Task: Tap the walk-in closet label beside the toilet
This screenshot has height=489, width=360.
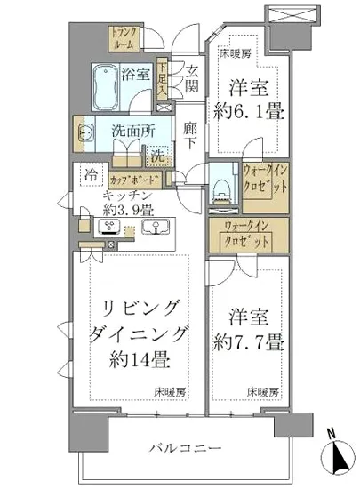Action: coord(262,182)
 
